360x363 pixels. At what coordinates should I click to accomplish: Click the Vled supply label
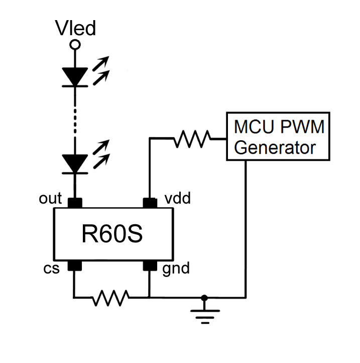click(x=75, y=29)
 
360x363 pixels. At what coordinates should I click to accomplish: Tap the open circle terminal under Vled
click(x=75, y=45)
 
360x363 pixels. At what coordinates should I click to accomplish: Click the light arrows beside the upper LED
click(x=100, y=70)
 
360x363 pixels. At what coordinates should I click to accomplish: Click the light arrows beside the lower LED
click(x=101, y=153)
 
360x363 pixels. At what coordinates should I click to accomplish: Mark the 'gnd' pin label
click(x=176, y=269)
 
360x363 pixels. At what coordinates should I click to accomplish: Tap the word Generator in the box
click(x=276, y=148)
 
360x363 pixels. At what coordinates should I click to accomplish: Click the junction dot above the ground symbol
click(x=204, y=298)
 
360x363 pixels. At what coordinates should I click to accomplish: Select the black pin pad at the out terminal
click(x=75, y=203)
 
